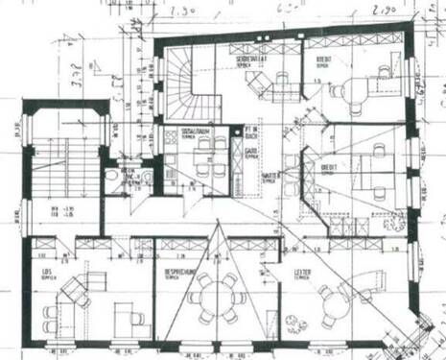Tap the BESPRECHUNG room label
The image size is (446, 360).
click(178, 274)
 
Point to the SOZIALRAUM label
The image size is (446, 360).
click(179, 132)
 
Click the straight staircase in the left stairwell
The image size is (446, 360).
click(59, 173)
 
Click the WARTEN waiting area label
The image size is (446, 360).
click(270, 177)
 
